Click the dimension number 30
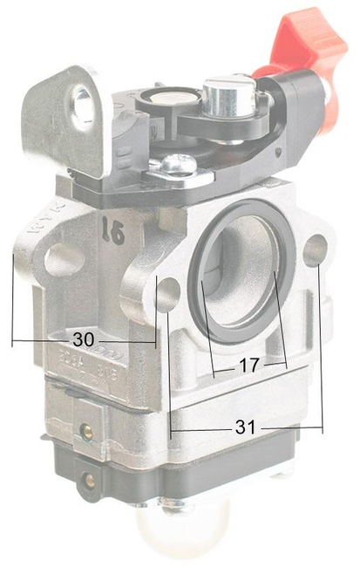84,338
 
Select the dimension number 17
248,368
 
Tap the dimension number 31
247,427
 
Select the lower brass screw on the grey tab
91,479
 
